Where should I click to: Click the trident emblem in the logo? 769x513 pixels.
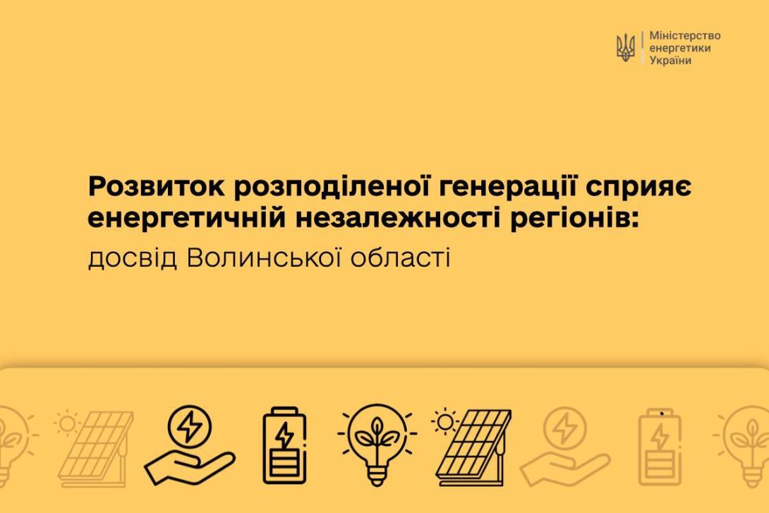tap(626, 47)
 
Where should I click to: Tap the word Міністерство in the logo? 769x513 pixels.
tap(684, 36)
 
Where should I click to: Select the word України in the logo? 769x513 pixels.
tap(670, 60)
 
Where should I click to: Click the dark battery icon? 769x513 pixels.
tap(284, 445)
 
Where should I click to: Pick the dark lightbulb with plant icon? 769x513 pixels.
tap(377, 444)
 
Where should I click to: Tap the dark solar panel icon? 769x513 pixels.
tap(474, 446)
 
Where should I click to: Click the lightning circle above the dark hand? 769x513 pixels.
tap(189, 426)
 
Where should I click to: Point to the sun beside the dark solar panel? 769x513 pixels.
tap(445, 421)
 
